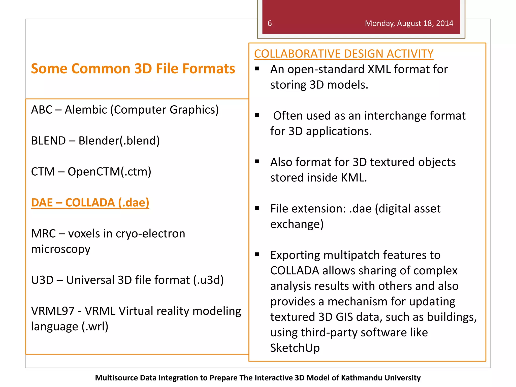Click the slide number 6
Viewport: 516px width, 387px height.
pos(270,23)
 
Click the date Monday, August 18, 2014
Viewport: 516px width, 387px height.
pos(409,23)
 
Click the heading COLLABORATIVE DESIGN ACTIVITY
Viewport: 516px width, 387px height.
pos(344,54)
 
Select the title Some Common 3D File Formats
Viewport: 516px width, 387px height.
pos(133,69)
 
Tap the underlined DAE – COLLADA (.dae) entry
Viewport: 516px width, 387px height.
pos(90,203)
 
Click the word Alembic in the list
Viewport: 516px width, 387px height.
pos(86,110)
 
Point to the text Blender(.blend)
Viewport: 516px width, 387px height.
pos(119,141)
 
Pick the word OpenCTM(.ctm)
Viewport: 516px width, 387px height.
pos(109,172)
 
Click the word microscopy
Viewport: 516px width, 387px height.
pos(61,249)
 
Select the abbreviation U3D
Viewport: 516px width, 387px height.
pos(42,280)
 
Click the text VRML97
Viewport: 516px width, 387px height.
pos(53,311)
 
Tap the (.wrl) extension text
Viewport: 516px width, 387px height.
pos(95,327)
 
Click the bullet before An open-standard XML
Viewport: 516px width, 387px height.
pos(257,69)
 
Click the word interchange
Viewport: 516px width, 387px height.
pos(396,116)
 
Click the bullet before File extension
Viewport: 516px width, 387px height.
pos(257,208)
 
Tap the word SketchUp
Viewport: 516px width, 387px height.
pos(295,348)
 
